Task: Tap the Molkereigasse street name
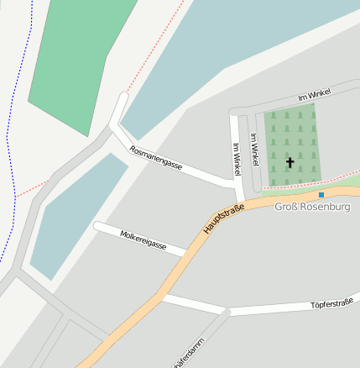[x=143, y=241]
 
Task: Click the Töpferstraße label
[x=331, y=303]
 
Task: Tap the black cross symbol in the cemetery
[x=290, y=161]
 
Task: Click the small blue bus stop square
[x=321, y=195]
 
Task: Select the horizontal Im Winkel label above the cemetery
[x=314, y=95]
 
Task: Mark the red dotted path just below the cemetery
[x=302, y=182]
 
